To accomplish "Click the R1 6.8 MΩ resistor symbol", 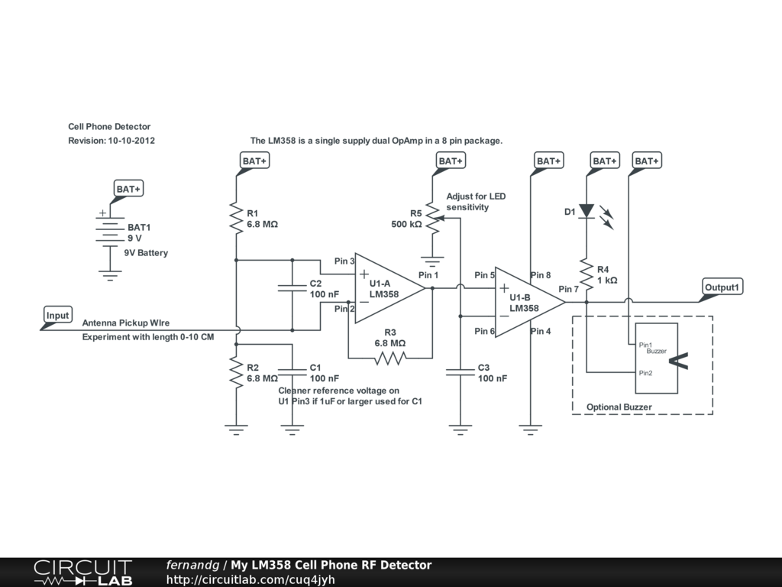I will click(x=236, y=219).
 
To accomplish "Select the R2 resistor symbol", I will click(x=236, y=373).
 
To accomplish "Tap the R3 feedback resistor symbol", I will click(x=389, y=358).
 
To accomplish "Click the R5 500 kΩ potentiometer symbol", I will click(x=432, y=219).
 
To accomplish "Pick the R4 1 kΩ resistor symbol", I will click(x=586, y=275).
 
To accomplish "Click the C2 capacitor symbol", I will click(x=292, y=288).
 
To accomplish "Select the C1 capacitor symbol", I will click(x=292, y=373).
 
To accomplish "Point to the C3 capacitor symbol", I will click(x=460, y=373).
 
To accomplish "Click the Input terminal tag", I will click(x=57, y=316).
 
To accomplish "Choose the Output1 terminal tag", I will click(x=722, y=287).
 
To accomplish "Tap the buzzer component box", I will click(x=656, y=357).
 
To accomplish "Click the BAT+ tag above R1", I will click(x=254, y=161).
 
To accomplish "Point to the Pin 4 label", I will click(x=541, y=331).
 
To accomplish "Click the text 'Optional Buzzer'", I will click(x=619, y=407).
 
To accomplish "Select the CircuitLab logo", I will click(x=82, y=572).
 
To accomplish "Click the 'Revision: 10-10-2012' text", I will click(x=111, y=141).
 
